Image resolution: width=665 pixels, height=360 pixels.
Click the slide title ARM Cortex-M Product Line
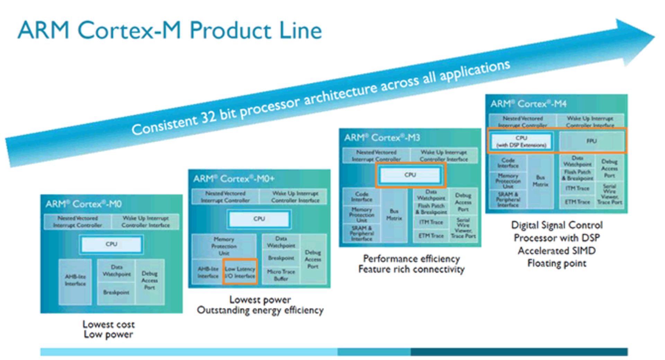[170, 30]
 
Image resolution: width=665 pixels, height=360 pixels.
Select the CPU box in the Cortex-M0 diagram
[111, 244]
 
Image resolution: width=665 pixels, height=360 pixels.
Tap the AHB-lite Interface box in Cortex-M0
[75, 280]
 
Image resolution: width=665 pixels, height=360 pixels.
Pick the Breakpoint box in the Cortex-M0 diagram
[116, 292]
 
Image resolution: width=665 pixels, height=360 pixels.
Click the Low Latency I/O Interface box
[240, 272]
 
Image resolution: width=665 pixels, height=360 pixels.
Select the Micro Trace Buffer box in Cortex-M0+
[281, 275]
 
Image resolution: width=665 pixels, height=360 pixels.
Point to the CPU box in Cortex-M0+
[259, 219]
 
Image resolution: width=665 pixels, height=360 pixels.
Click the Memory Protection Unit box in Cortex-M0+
[224, 246]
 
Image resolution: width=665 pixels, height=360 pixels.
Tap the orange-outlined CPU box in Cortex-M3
[410, 175]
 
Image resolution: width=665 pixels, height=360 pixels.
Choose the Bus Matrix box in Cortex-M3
[394, 215]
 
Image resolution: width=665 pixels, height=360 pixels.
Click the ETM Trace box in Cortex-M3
[431, 236]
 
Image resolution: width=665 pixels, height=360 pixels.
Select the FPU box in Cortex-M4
[591, 141]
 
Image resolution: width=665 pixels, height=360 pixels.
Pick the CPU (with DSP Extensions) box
[521, 141]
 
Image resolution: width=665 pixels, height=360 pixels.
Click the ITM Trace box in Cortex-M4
[577, 188]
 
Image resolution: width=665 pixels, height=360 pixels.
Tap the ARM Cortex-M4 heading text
[528, 104]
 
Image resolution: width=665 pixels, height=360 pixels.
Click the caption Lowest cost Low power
[108, 329]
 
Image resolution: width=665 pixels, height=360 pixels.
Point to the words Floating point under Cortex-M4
[557, 263]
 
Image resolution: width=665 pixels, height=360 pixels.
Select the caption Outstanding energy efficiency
[260, 310]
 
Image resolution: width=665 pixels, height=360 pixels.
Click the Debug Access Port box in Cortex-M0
[149, 280]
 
